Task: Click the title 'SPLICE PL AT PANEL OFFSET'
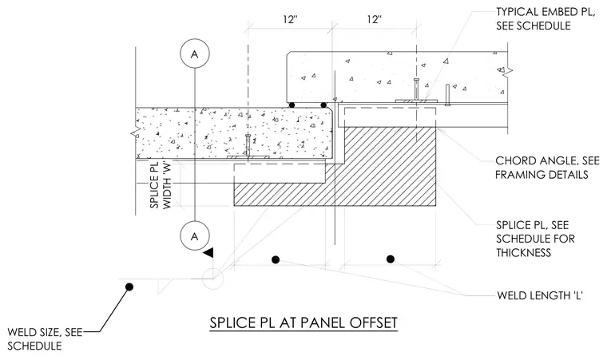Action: coord(303,322)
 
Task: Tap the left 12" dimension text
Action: coord(289,19)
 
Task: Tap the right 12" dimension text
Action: coord(375,19)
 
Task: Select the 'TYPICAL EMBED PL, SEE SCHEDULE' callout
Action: coord(545,18)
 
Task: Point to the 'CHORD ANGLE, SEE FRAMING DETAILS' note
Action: coord(547,168)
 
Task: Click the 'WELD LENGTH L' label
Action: coord(540,295)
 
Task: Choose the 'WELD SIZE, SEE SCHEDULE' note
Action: coord(45,338)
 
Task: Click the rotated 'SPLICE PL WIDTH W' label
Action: coord(161,185)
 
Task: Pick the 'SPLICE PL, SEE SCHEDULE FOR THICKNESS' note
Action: coord(535,239)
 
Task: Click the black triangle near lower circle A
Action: coord(208,253)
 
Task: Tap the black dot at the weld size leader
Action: coord(129,287)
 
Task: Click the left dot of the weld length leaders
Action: coord(276,259)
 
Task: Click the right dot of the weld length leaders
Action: coord(391,259)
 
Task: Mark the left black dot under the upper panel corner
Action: coord(292,105)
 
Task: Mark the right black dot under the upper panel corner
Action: coord(323,105)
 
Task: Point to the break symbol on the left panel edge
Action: coord(136,133)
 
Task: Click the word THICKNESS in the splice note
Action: coord(523,253)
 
